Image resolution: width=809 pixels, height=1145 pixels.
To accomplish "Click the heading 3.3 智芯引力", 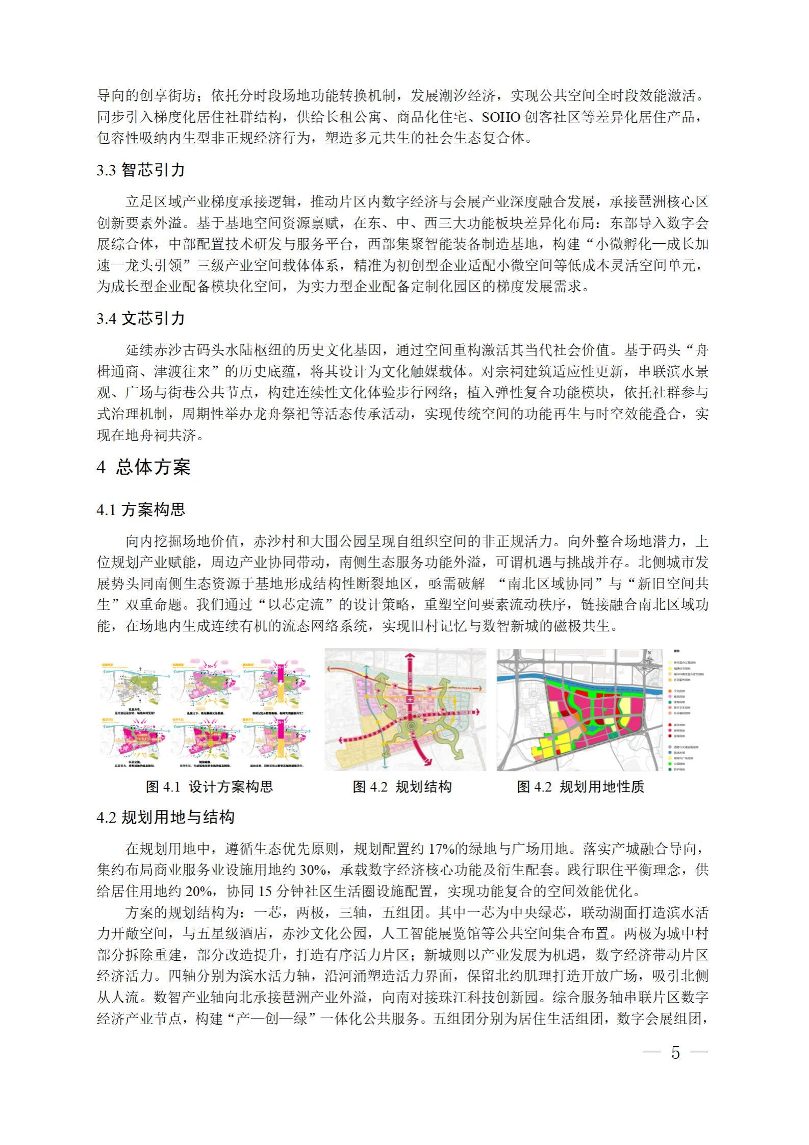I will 140,170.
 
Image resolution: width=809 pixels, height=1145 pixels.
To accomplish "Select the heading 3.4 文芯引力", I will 140,318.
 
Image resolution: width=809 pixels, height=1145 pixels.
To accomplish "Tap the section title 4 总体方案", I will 143,467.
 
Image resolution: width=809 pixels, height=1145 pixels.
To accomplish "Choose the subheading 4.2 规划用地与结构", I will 165,818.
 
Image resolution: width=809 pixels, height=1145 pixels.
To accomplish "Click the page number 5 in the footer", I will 675,1052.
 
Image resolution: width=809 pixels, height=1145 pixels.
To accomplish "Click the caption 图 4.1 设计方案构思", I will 209,786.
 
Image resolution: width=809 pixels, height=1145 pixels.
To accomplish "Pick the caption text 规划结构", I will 423,786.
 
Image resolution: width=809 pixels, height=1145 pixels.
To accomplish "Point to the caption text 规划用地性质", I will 601,786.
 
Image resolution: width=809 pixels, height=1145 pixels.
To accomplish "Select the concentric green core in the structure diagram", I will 410,725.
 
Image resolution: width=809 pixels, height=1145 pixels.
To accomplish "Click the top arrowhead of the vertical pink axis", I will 406,653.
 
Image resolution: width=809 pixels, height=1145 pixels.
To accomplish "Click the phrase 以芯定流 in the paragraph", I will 296,605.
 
